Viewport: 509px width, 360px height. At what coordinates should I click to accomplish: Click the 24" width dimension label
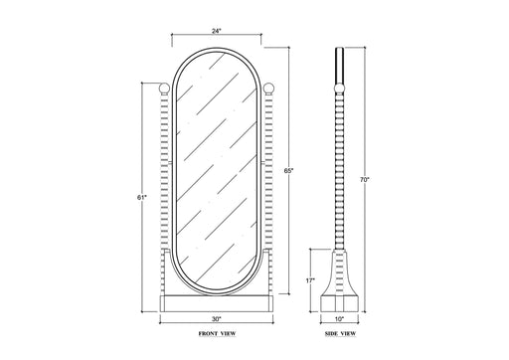pyautogui.click(x=216, y=31)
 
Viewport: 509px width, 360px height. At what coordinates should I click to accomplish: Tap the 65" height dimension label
pyautogui.click(x=289, y=171)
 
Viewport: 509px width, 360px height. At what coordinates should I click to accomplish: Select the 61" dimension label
pyautogui.click(x=141, y=198)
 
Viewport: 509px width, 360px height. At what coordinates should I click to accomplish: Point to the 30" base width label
pyautogui.click(x=216, y=319)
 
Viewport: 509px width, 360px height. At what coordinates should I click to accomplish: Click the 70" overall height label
pyautogui.click(x=365, y=180)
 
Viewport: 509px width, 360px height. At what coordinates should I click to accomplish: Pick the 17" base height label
pyautogui.click(x=310, y=280)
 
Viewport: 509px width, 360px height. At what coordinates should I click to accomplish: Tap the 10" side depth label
pyautogui.click(x=339, y=319)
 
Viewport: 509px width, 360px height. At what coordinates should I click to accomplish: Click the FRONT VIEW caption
pyautogui.click(x=217, y=333)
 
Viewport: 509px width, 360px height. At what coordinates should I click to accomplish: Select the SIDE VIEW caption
pyautogui.click(x=340, y=333)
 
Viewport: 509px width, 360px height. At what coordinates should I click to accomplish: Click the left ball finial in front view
pyautogui.click(x=164, y=89)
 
